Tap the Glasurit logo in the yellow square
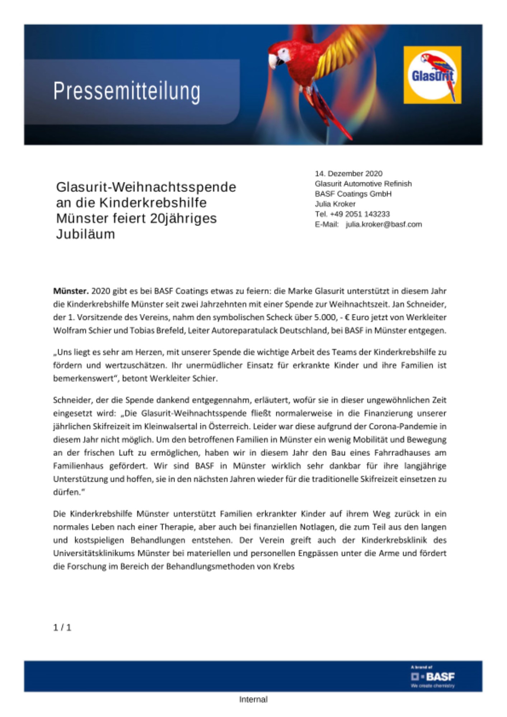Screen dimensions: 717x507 pos(432,75)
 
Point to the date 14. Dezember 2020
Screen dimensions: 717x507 pos(348,174)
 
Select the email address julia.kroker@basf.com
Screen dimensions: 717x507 pos(384,224)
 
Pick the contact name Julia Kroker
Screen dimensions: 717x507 pos(335,204)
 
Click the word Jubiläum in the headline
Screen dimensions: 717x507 pos(85,234)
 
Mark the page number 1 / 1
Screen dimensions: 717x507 pos(62,627)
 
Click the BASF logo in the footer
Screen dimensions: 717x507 pos(433,677)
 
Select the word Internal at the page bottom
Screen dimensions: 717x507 pos(253,699)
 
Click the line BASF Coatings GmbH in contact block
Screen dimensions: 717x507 pos(353,194)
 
